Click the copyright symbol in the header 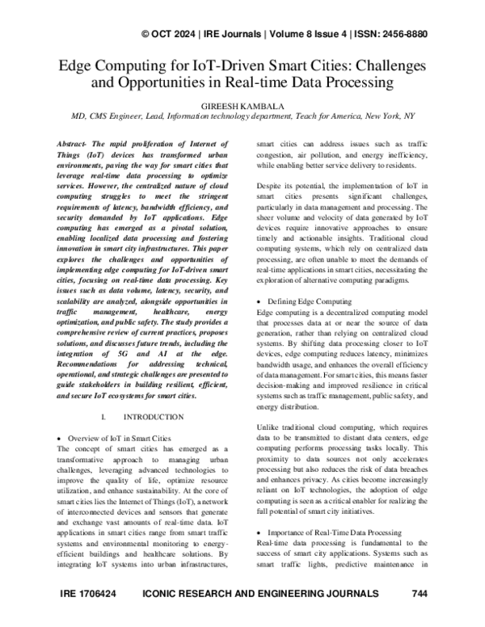pyautogui.click(x=145, y=34)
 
